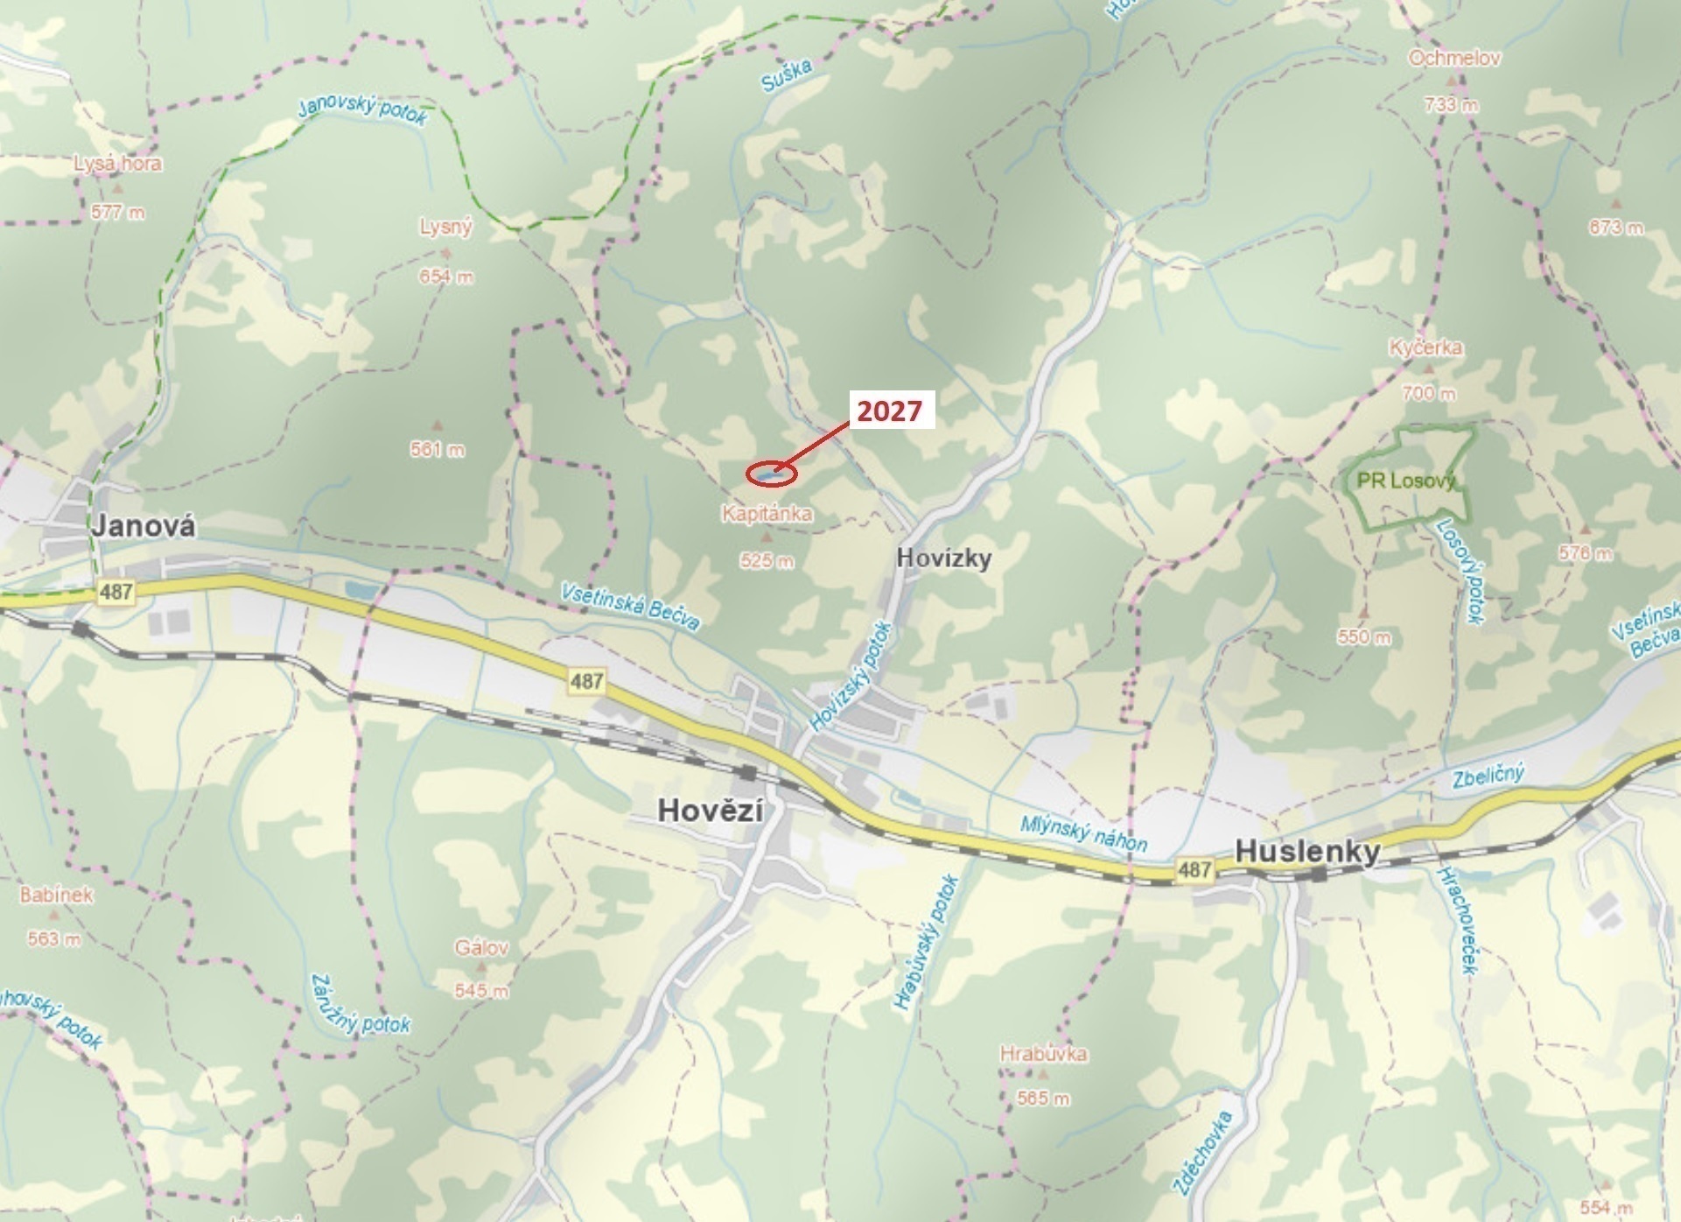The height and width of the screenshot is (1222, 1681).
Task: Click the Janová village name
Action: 144,526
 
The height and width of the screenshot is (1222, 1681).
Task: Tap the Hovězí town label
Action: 710,810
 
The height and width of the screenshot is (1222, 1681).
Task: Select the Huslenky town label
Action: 1307,851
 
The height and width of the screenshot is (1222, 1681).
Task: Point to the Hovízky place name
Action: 944,558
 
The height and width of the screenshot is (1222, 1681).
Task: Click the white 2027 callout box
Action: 889,411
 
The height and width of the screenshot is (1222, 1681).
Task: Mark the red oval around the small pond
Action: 771,474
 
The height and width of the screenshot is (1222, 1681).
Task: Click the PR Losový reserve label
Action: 1405,481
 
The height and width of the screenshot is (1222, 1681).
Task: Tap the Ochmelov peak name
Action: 1453,59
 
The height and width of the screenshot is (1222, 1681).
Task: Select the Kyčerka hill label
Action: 1425,348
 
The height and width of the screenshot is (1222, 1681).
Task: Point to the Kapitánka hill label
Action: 767,513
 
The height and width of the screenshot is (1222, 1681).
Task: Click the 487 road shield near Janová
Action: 116,592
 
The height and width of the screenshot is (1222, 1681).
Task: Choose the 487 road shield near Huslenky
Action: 1194,869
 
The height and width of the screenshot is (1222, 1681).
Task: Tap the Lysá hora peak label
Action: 117,164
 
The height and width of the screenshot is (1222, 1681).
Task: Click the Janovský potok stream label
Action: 362,110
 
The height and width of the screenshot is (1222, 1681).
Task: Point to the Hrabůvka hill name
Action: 1043,1054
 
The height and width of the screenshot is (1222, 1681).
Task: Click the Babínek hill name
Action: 56,895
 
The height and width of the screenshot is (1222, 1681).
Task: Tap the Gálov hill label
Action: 481,947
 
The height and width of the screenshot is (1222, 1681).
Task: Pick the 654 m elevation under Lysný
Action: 445,277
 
